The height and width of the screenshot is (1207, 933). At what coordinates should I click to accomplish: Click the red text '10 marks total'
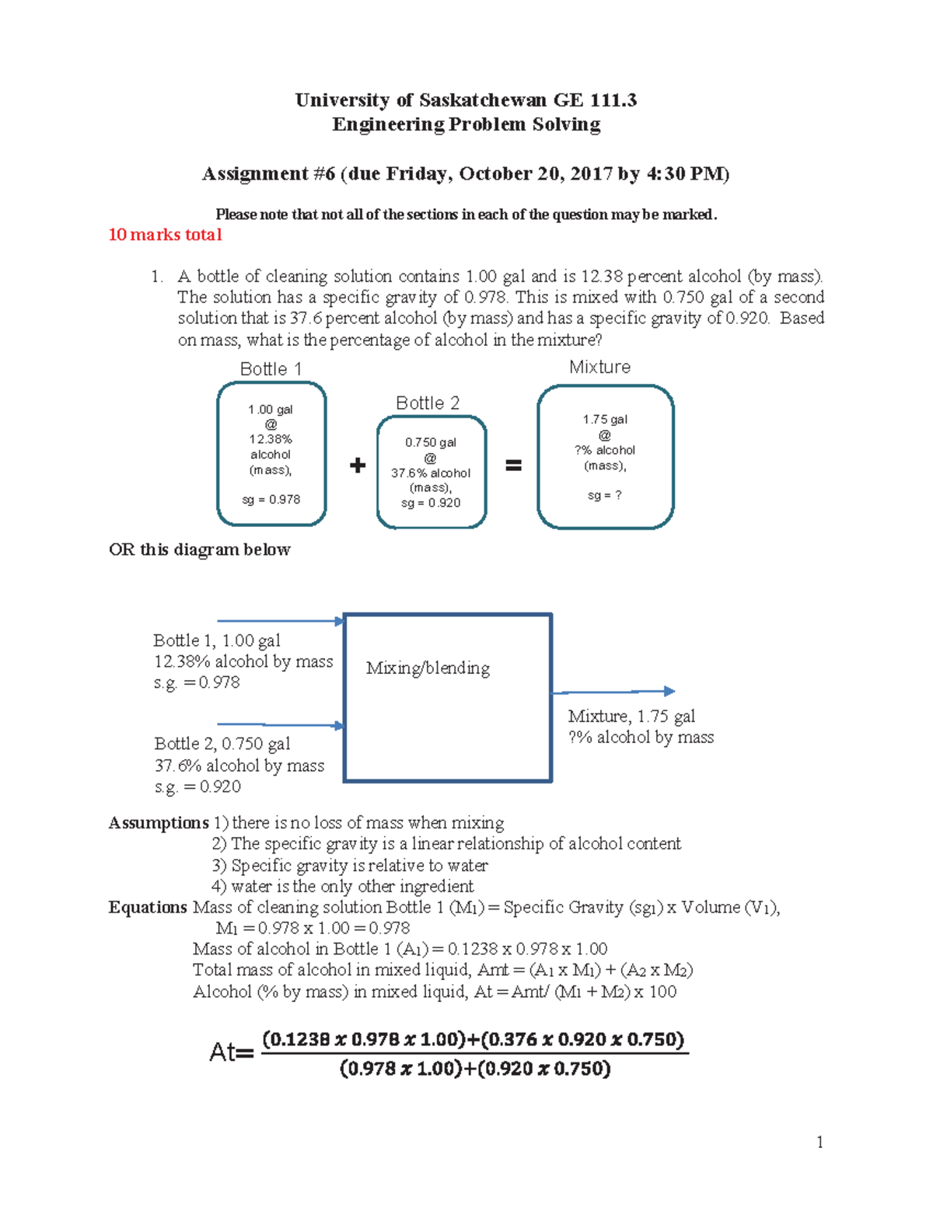[x=165, y=235]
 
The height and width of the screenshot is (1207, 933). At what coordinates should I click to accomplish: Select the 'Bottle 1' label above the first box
[x=271, y=369]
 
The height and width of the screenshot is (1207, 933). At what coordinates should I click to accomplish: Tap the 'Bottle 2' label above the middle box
[x=428, y=403]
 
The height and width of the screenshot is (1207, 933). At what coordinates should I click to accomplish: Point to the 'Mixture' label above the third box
[x=599, y=367]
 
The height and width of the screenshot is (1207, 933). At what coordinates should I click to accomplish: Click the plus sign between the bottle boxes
[x=358, y=466]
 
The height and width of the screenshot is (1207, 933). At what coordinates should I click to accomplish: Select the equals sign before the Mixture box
[x=513, y=466]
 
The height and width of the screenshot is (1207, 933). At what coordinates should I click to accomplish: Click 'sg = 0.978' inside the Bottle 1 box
[x=271, y=500]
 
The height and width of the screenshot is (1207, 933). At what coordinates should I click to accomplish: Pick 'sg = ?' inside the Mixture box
[x=604, y=495]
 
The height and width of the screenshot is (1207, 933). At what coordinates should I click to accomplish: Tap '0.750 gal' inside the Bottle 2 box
[x=431, y=442]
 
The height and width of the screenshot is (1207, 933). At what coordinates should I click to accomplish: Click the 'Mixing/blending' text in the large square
[x=428, y=668]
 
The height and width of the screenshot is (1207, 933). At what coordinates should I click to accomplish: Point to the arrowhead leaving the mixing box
[x=669, y=691]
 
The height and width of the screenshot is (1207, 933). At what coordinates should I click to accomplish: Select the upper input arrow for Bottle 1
[x=280, y=621]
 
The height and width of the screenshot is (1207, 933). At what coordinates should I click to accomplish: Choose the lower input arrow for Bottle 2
[x=280, y=725]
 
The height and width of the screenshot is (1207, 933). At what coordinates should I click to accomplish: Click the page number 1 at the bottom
[x=819, y=1142]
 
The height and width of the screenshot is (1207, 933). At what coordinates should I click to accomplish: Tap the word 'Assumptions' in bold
[x=159, y=823]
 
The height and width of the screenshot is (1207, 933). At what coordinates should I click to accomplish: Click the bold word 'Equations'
[x=148, y=908]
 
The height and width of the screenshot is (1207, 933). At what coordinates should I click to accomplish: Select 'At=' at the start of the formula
[x=231, y=1053]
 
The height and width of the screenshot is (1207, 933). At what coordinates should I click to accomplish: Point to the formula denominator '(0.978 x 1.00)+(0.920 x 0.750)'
[x=475, y=1069]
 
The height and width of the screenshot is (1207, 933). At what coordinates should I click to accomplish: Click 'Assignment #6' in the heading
[x=268, y=173]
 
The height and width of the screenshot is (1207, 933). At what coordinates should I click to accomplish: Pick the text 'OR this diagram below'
[x=200, y=549]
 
